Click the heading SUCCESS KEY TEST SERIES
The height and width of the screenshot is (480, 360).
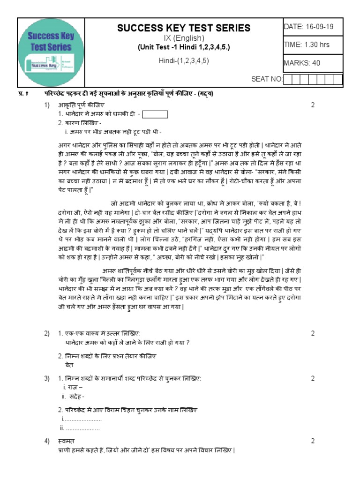pos(184,28)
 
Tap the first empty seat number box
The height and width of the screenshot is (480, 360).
pos(288,79)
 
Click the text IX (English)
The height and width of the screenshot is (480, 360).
pos(183,38)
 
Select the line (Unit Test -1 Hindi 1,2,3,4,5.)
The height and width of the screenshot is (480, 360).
pos(183,47)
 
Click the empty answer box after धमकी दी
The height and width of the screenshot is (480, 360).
pos(154,114)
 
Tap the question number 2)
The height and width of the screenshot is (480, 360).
pos(47,333)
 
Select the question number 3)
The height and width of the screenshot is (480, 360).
pos(47,378)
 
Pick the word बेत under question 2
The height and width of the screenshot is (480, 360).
pos(69,364)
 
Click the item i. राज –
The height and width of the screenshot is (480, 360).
pos(73,387)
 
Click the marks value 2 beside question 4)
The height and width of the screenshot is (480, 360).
pos(313,441)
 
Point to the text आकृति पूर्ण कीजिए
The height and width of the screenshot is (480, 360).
pos(82,105)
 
